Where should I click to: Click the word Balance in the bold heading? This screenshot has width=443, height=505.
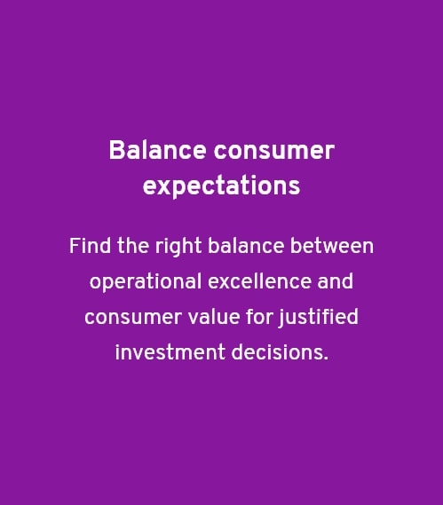click(157, 151)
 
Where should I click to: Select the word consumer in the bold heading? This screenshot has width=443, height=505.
click(273, 151)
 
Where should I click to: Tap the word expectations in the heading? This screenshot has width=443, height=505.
click(221, 187)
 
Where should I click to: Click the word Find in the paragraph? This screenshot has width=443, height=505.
click(87, 246)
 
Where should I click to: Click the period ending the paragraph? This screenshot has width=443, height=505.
click(326, 359)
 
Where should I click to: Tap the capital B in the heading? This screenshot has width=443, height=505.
click(115, 151)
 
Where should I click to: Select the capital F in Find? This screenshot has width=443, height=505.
click(74, 246)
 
